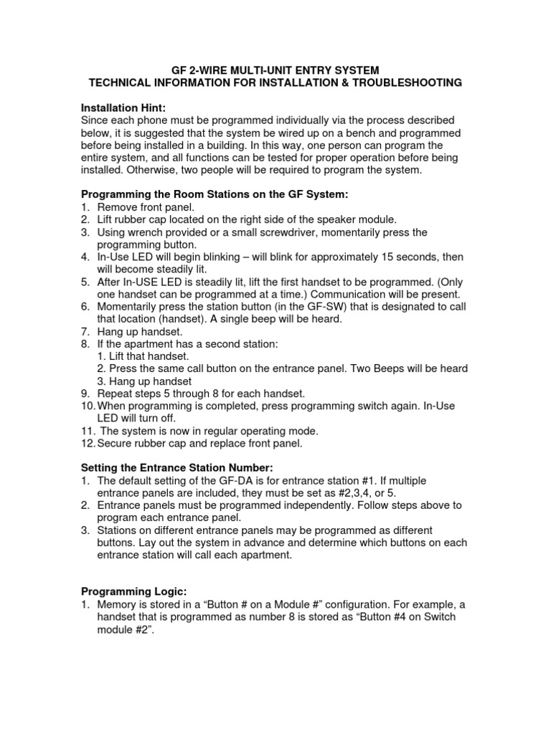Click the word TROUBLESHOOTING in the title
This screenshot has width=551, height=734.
[399, 83]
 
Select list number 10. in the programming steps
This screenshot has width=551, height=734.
[88, 406]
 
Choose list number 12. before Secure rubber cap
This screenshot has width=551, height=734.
[88, 443]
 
